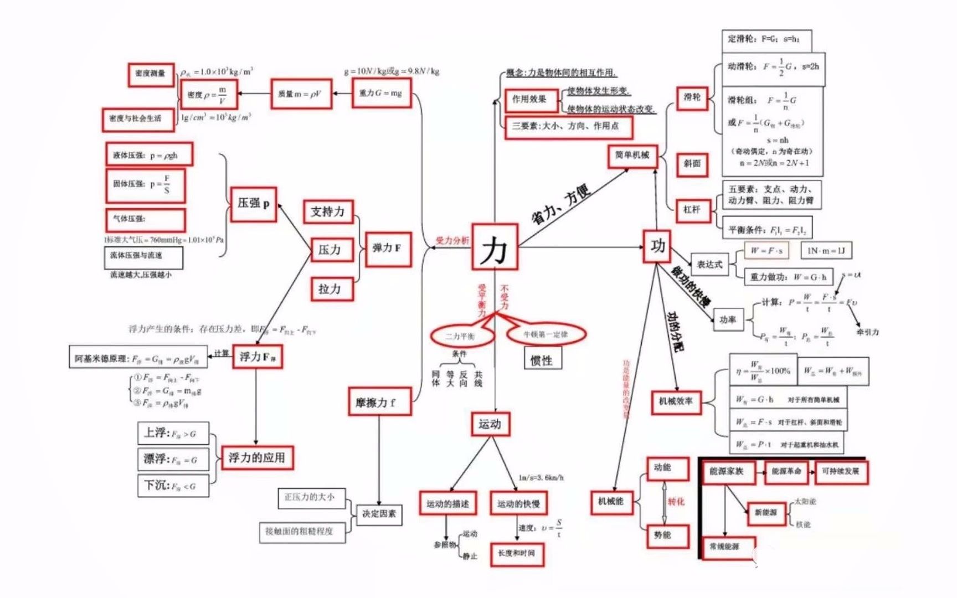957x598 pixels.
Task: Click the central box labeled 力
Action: click(494, 247)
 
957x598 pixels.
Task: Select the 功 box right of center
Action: click(657, 246)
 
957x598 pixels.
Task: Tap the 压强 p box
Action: click(253, 204)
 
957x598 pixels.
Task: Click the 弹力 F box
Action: click(388, 249)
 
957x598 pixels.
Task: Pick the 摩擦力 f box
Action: click(379, 402)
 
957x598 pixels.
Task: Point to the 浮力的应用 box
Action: click(257, 458)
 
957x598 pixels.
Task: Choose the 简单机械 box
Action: click(632, 156)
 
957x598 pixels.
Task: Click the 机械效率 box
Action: click(676, 401)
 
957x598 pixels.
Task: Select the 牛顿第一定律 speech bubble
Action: click(546, 334)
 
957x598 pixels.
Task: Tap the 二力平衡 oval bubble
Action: click(461, 336)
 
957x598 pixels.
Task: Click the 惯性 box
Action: click(542, 360)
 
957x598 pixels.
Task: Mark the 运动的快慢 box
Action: click(518, 504)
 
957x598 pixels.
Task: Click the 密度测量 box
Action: click(151, 74)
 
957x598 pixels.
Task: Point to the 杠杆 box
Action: click(692, 210)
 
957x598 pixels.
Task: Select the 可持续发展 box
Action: click(840, 472)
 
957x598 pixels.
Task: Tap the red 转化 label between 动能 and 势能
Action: click(676, 502)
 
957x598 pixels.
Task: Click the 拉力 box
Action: click(330, 289)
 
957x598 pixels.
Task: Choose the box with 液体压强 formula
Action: click(149, 156)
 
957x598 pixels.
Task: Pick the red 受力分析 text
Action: click(452, 240)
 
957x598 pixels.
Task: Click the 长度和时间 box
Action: click(516, 554)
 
